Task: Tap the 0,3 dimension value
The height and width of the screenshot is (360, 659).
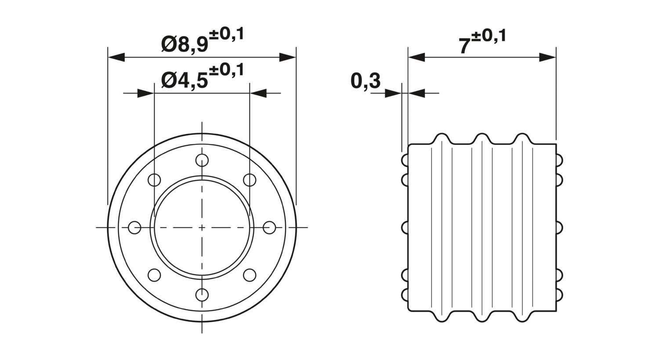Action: [x=366, y=81]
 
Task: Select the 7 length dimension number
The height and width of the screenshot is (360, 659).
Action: [x=464, y=46]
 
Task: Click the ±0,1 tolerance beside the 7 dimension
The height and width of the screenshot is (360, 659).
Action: [x=489, y=36]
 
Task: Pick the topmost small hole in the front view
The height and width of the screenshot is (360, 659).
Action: [x=202, y=160]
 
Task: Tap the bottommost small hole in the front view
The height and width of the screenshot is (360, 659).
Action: [x=202, y=295]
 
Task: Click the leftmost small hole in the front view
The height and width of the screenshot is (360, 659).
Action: [x=135, y=227]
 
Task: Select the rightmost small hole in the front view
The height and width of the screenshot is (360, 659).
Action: [x=269, y=227]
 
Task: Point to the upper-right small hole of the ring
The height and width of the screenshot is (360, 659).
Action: [x=250, y=180]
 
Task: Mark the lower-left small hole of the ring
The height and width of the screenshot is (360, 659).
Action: [x=154, y=275]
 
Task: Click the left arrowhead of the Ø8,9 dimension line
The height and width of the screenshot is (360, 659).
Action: [x=116, y=58]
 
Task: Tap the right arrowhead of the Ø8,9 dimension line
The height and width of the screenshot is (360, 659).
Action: [x=287, y=58]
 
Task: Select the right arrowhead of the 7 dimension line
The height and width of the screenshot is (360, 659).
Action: [x=547, y=58]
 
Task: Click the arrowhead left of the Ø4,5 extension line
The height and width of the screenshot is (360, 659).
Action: [x=146, y=93]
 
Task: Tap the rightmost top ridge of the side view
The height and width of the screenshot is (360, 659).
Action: [x=522, y=139]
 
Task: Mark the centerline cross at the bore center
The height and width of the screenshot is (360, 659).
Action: [x=202, y=227]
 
